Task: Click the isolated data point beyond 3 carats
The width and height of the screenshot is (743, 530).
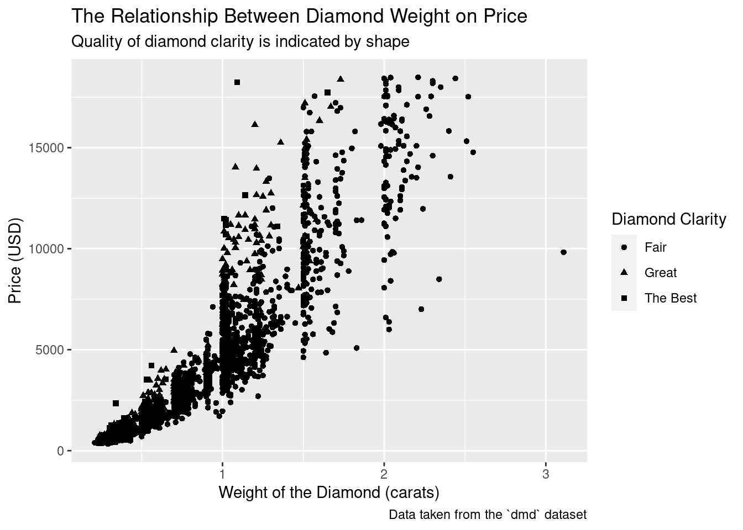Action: click(x=563, y=252)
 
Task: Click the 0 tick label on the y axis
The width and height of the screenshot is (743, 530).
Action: click(x=61, y=451)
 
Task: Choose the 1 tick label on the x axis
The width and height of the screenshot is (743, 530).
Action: click(x=222, y=474)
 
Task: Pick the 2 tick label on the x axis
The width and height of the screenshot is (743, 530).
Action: click(x=384, y=474)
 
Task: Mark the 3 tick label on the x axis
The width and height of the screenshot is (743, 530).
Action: click(x=546, y=474)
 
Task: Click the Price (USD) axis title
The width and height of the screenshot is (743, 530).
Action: click(x=15, y=261)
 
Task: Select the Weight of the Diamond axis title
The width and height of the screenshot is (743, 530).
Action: click(x=329, y=492)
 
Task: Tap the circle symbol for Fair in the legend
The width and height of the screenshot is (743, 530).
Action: click(x=624, y=247)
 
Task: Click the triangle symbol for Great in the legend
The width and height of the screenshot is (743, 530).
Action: click(x=624, y=272)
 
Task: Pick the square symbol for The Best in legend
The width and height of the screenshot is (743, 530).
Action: click(x=624, y=298)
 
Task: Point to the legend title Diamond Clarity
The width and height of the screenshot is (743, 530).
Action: click(x=668, y=220)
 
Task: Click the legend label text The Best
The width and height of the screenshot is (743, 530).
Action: click(x=670, y=298)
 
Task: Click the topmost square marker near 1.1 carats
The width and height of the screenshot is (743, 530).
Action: click(x=237, y=82)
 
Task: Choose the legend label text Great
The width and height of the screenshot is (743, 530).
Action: click(x=660, y=273)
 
